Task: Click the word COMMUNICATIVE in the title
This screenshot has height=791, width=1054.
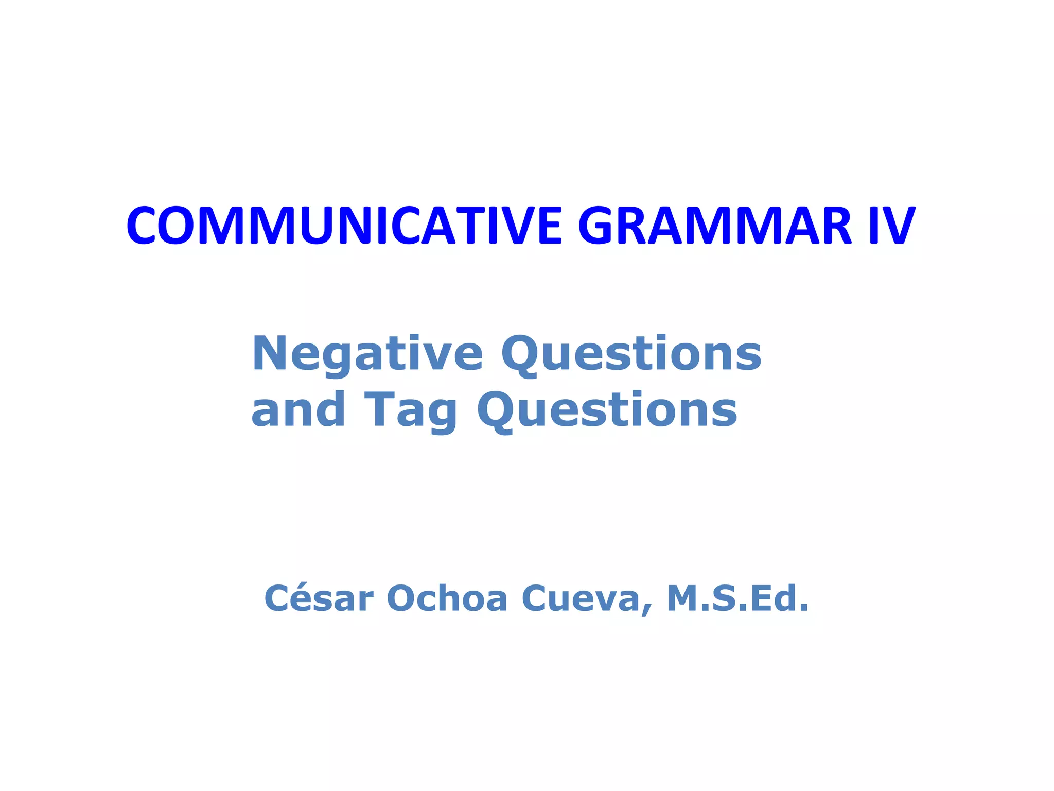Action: coord(344,226)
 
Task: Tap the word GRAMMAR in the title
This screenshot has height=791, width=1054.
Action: coord(715,226)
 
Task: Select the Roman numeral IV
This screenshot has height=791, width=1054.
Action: coord(892,226)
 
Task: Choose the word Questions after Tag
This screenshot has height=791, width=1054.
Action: coord(607,411)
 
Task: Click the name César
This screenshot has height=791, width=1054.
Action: coord(319,599)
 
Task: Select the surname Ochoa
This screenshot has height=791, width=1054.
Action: coord(447,599)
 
